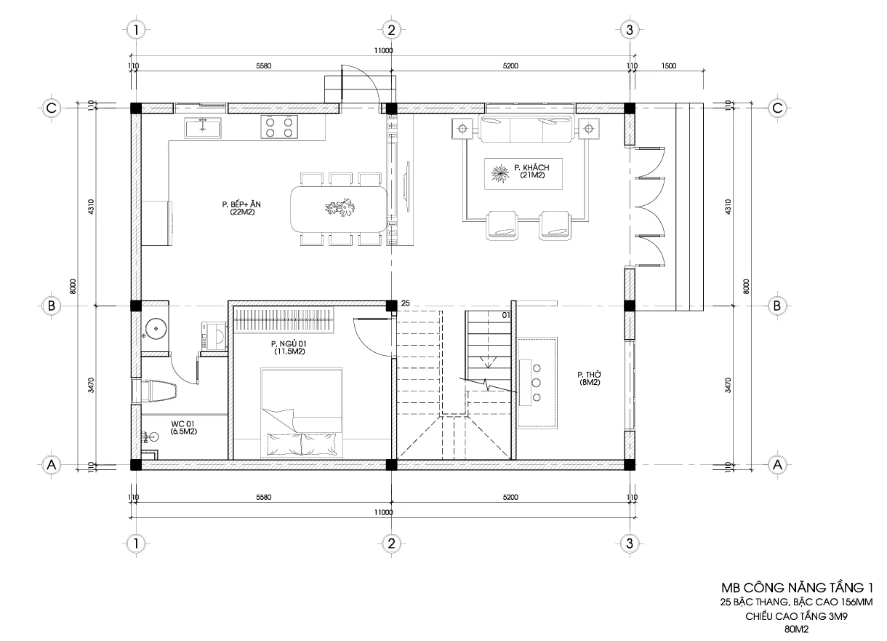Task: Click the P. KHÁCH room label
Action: coord(531,171)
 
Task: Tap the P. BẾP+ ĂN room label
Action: coord(241,208)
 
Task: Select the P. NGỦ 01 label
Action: coord(289,348)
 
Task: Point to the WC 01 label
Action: coord(183,428)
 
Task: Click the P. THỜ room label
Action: coord(590,378)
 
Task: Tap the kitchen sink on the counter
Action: coord(203,127)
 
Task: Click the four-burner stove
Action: coord(279,127)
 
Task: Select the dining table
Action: coord(340,209)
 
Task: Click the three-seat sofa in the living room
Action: coord(526,128)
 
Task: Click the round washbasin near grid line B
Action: coord(156,329)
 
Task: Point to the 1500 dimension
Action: coord(669,65)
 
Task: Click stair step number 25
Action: coord(406,303)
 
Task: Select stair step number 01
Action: coord(506,315)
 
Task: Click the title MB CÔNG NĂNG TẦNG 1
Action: coord(797,587)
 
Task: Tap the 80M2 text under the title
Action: coord(797,629)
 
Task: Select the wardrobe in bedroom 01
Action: coord(284,320)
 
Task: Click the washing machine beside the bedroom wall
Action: coord(214,337)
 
